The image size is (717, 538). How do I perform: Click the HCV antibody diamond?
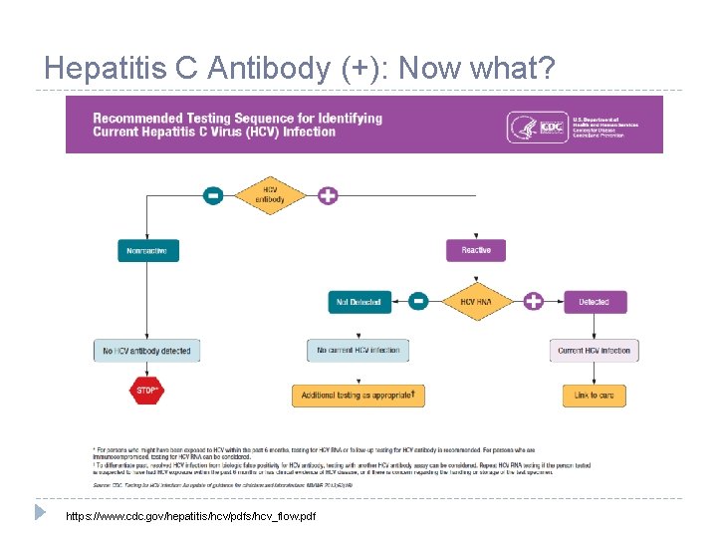(x=270, y=195)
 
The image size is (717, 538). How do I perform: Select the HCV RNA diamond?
(x=476, y=301)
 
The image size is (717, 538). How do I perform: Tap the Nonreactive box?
(x=146, y=251)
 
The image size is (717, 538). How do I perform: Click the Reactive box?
(x=476, y=250)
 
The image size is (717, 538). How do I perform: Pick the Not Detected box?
(x=359, y=301)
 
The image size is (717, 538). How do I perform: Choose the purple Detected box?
(x=594, y=301)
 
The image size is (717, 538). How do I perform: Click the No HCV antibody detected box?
(x=146, y=351)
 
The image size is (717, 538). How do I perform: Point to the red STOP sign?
(x=146, y=392)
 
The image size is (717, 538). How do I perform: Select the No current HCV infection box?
(x=358, y=350)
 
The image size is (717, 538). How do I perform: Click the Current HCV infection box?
(x=594, y=351)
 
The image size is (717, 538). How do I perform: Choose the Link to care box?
(x=594, y=396)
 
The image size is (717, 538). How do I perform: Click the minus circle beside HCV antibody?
(x=213, y=195)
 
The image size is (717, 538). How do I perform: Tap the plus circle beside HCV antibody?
(x=328, y=195)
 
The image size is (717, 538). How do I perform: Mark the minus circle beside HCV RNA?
(x=419, y=301)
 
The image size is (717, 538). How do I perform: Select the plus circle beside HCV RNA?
(x=534, y=301)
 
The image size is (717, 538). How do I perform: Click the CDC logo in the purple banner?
(x=549, y=127)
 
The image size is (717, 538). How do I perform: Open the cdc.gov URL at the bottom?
(x=190, y=517)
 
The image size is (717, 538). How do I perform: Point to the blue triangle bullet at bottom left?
(x=40, y=512)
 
